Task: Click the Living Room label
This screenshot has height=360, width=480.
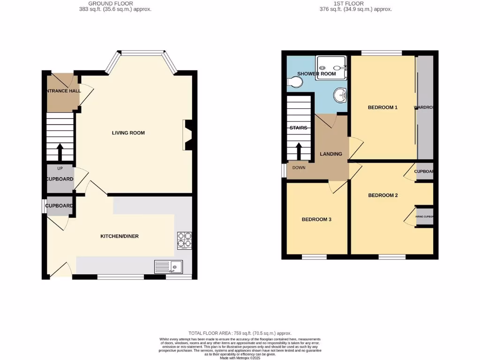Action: [128, 133]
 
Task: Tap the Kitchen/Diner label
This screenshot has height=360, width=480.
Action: [120, 236]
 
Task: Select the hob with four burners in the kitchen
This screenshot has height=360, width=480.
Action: [184, 240]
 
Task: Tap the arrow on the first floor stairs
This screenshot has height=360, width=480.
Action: [299, 151]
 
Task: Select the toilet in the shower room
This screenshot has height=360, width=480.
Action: [295, 82]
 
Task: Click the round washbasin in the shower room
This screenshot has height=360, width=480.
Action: [340, 96]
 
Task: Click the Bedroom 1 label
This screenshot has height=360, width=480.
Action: [382, 107]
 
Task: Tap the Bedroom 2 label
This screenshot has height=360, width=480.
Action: [382, 195]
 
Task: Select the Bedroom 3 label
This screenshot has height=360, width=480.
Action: [316, 219]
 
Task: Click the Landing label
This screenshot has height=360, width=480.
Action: [331, 154]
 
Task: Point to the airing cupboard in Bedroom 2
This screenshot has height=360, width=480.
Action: [424, 217]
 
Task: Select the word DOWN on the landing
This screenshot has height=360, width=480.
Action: [299, 167]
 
